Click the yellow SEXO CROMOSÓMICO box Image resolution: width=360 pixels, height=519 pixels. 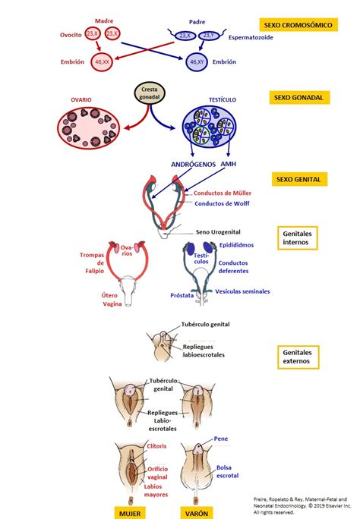(298, 25)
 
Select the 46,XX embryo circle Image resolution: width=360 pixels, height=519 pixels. (102, 61)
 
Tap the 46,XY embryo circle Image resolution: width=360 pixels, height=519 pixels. (197, 61)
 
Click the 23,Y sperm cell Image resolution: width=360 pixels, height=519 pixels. (209, 36)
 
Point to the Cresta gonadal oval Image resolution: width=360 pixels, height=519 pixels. (150, 93)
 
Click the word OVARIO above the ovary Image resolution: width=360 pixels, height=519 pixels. (81, 99)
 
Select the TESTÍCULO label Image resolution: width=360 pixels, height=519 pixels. (223, 99)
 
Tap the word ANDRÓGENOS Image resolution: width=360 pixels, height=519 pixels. (193, 164)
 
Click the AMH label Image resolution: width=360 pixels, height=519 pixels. (229, 164)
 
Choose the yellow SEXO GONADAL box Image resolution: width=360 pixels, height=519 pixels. (299, 98)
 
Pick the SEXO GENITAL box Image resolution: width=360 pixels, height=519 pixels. (299, 179)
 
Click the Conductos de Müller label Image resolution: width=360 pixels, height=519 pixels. (223, 193)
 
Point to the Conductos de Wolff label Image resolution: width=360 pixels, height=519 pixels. (222, 203)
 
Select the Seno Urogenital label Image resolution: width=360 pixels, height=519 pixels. (218, 232)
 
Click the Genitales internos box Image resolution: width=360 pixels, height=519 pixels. (298, 238)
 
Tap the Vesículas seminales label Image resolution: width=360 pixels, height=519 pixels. (242, 291)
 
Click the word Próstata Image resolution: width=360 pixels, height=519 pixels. (182, 295)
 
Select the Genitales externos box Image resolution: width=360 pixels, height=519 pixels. (298, 357)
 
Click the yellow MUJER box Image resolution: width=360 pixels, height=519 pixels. (130, 513)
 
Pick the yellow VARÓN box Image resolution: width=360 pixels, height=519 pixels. (197, 513)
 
